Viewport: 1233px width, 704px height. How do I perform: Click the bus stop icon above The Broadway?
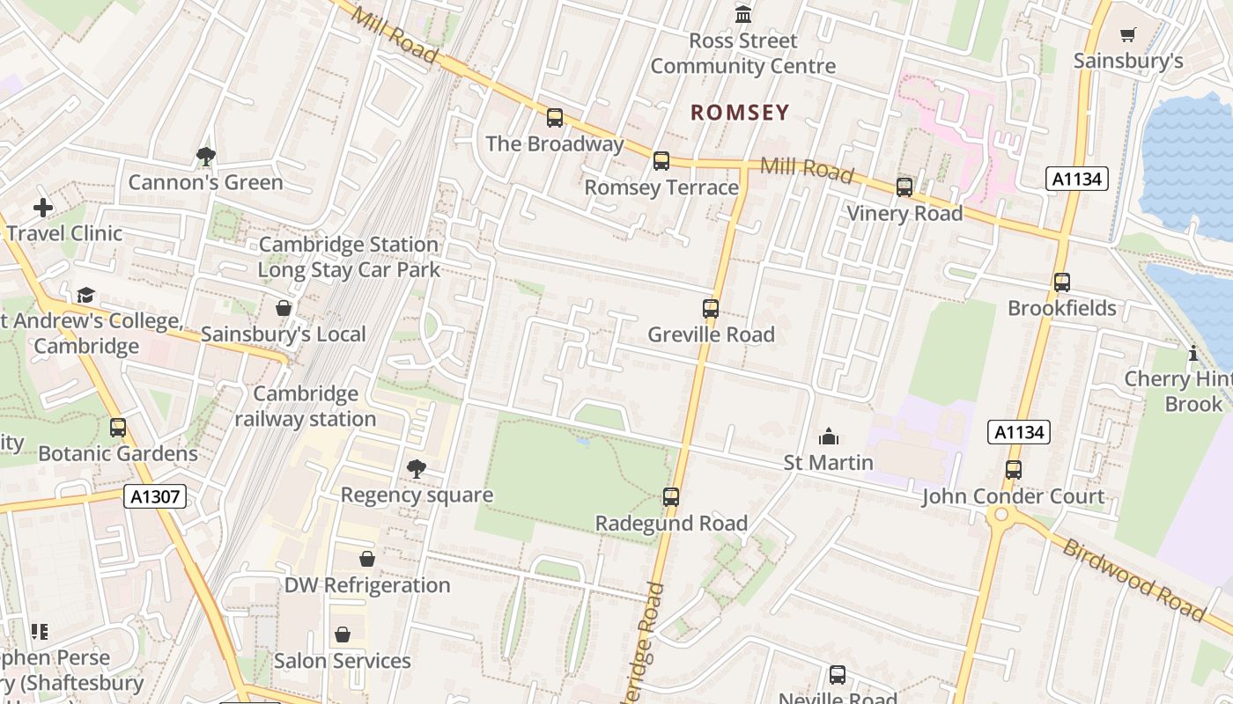coord(555,117)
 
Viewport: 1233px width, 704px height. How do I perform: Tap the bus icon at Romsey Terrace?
coord(661,161)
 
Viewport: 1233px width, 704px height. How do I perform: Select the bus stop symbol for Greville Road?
coord(711,309)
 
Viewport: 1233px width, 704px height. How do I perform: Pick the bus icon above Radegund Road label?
coord(671,497)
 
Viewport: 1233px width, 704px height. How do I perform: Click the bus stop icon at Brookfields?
coord(1062,282)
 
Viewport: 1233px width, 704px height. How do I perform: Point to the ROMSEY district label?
coord(740,113)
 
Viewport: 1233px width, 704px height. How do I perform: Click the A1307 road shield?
coord(155,496)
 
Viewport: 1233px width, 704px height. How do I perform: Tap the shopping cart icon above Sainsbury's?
coord(1127,34)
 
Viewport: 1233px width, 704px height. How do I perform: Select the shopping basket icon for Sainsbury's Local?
coord(284,308)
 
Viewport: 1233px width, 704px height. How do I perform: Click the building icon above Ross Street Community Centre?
coord(743,15)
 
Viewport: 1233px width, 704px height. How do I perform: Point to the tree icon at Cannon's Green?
coord(206,157)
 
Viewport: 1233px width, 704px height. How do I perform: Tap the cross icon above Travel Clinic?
coord(43,208)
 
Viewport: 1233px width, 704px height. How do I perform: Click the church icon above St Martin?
coord(828,436)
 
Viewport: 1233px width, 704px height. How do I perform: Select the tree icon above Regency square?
coord(417,469)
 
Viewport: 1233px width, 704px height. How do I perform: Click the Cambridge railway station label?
coord(306,407)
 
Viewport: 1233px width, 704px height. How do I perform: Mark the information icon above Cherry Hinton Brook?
coord(1193,354)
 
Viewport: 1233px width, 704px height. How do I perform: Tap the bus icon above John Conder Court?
coord(1014,470)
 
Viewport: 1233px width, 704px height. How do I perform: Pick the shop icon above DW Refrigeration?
coord(367,559)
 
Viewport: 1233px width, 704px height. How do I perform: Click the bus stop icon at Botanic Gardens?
coord(118,428)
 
